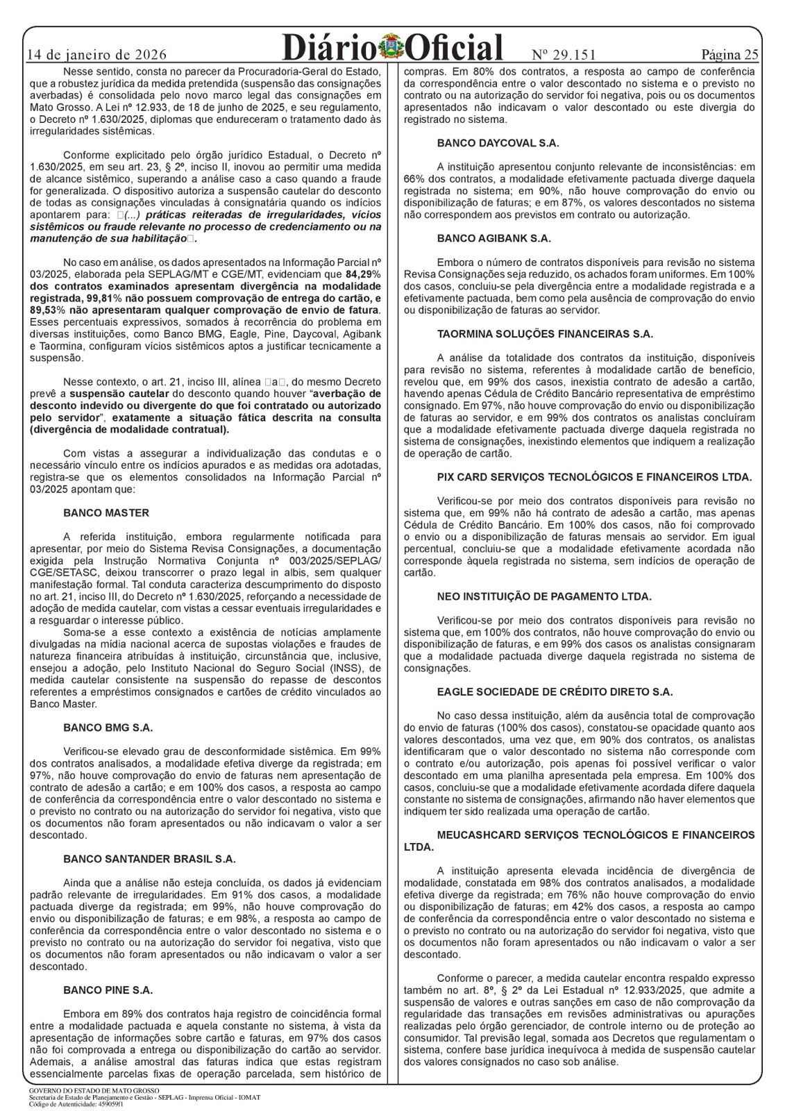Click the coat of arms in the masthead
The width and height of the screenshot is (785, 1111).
tap(392, 47)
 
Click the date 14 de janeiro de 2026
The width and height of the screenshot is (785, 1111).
tap(97, 55)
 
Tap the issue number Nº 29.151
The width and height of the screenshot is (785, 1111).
tap(564, 55)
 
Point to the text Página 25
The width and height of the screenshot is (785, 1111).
tap(729, 55)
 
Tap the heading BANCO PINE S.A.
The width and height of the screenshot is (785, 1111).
tap(108, 989)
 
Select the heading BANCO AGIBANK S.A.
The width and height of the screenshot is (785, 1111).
tap(493, 238)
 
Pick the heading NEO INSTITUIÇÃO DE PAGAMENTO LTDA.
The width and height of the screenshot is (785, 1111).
tap(544, 596)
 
